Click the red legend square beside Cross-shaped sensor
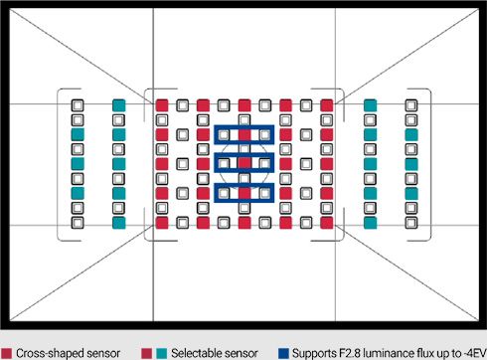(x=6, y=353)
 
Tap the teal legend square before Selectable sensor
(x=161, y=353)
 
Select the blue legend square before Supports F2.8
(x=283, y=353)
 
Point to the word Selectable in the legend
(x=196, y=353)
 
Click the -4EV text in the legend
(x=474, y=353)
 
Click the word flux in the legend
(x=417, y=353)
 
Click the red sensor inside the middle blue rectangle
(x=244, y=163)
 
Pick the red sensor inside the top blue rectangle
(x=244, y=134)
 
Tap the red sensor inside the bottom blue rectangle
(x=244, y=193)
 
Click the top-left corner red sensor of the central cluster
(x=162, y=105)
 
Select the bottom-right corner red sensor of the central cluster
(x=327, y=223)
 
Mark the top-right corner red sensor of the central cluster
(x=327, y=105)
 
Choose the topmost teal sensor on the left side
(x=119, y=105)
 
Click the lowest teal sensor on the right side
(x=370, y=223)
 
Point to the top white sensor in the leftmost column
(x=78, y=105)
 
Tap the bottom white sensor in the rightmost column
(x=411, y=223)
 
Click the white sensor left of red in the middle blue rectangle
(x=224, y=163)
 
